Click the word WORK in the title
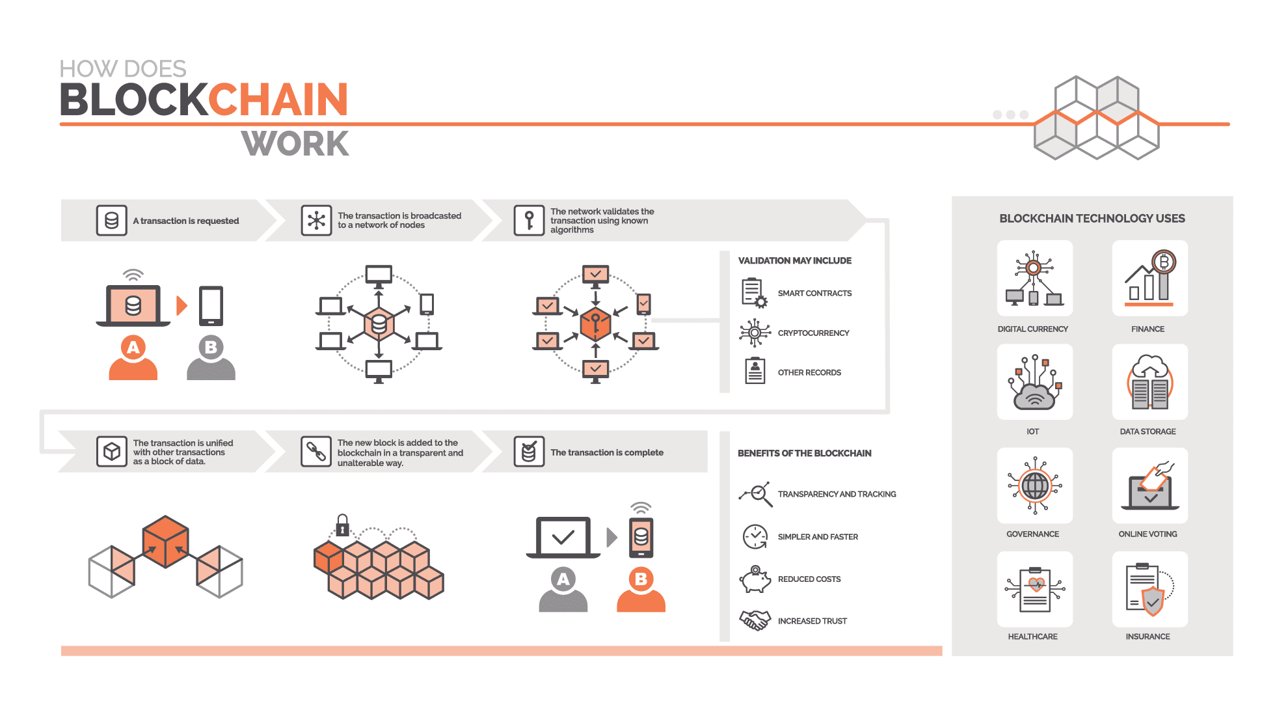coord(295,144)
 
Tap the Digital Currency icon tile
coord(1034,278)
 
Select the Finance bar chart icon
coord(1150,278)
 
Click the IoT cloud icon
coord(1034,382)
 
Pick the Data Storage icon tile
coord(1150,381)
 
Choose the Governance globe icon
coord(1034,486)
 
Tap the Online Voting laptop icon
coord(1150,486)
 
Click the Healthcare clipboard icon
coord(1034,589)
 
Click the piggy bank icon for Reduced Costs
coord(755,579)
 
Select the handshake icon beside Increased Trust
coord(755,620)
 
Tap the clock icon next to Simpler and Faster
coord(755,536)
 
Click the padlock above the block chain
coord(342,525)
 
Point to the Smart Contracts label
coord(814,294)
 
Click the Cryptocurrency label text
coord(813,333)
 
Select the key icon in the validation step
coord(529,221)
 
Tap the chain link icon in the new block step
coord(316,452)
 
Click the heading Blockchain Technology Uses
coord(1092,219)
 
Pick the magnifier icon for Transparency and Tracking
coord(755,494)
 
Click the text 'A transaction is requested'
coord(186,221)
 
